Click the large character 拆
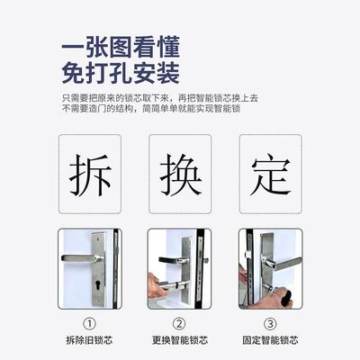tap(90, 175)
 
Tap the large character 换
tap(180, 175)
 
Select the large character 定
tap(270, 175)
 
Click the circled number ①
tap(90, 324)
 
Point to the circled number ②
tap(180, 324)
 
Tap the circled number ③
tap(270, 324)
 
